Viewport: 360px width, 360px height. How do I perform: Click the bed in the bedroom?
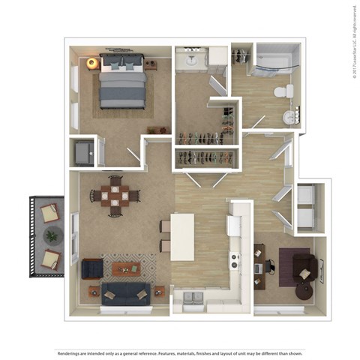121,82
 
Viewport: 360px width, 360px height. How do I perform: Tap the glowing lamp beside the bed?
93,64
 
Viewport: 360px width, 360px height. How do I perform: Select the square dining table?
115,196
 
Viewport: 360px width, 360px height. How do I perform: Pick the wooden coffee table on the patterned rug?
125,267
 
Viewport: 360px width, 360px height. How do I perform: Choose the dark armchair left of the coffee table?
91,268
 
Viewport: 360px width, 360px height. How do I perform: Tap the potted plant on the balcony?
50,236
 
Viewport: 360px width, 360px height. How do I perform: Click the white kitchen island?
182,237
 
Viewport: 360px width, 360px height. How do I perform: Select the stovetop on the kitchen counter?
235,262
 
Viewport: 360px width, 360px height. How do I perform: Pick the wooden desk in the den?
259,265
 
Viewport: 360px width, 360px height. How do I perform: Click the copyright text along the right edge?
352,41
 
